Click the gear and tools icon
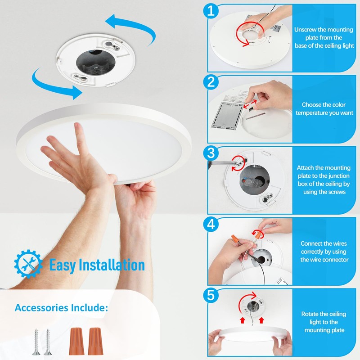(28, 263)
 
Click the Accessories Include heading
(61, 308)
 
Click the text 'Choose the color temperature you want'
(324, 109)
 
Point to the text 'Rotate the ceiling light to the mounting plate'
(324, 322)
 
